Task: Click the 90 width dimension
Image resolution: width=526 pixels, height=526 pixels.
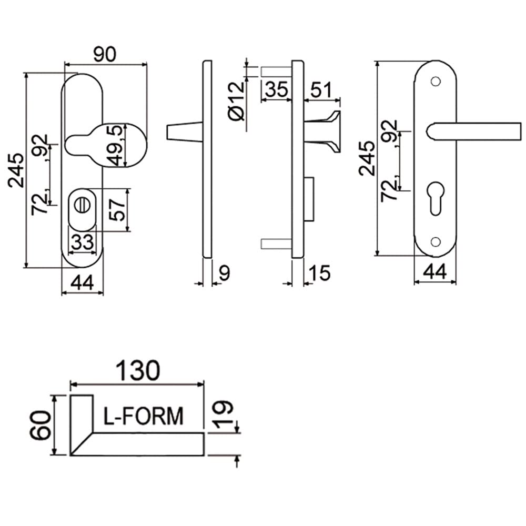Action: coord(104,55)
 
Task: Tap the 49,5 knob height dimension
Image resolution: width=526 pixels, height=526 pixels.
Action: coord(116,145)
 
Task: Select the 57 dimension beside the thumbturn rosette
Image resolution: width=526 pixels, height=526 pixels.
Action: coord(117,210)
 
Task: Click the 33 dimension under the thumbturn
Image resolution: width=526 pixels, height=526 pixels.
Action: coord(82,241)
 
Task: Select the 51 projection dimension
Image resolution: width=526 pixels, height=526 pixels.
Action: coord(321,89)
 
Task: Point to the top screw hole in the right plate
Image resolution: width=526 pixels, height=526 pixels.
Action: coord(436,82)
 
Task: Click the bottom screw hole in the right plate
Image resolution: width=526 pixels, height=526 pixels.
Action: coord(436,241)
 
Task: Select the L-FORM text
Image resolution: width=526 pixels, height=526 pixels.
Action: coord(143,416)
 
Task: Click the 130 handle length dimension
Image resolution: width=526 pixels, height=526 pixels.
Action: coord(137,371)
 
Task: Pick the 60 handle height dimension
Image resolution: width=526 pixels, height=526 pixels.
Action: coord(41,426)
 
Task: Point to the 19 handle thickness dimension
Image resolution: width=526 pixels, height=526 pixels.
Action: coord(222,414)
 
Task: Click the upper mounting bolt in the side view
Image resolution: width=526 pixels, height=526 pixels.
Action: coord(276,72)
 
